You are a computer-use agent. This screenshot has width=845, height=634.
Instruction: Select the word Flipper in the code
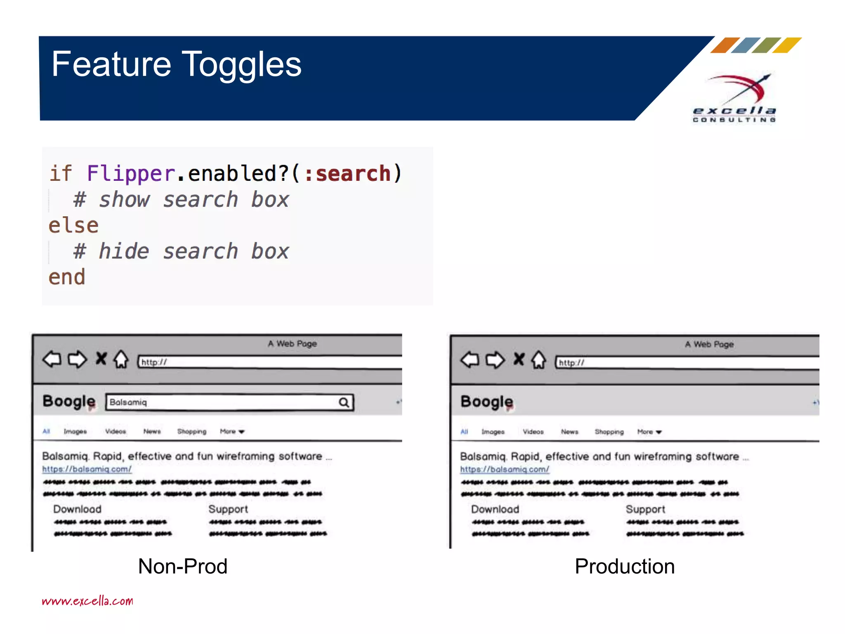[131, 173]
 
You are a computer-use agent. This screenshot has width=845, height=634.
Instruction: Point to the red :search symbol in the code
[347, 173]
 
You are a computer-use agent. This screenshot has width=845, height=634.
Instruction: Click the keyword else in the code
[73, 226]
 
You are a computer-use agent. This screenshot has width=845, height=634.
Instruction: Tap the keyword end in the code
[67, 277]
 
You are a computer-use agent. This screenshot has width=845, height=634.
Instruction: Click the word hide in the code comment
[123, 251]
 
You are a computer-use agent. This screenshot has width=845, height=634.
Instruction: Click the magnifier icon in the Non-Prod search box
[344, 402]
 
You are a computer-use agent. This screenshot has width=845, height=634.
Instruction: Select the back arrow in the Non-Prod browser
[52, 359]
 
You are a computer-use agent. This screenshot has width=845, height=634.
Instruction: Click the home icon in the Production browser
[538, 360]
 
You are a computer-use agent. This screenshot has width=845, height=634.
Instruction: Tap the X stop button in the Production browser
[519, 359]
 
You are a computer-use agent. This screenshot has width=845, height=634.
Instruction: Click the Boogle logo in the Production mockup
[486, 401]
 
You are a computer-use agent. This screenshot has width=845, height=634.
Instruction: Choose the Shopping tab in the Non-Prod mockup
[191, 431]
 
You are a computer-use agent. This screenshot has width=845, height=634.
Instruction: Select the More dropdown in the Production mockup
[649, 432]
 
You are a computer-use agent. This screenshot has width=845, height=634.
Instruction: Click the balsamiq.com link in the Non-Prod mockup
[87, 469]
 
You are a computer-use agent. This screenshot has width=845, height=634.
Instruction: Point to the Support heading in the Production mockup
[645, 509]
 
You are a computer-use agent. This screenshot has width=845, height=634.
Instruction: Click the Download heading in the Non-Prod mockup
[77, 509]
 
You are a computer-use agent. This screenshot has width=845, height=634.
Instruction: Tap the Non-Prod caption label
[182, 566]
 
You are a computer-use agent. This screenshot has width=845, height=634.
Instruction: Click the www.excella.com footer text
[87, 601]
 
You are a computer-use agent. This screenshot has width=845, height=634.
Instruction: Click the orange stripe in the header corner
[725, 45]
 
